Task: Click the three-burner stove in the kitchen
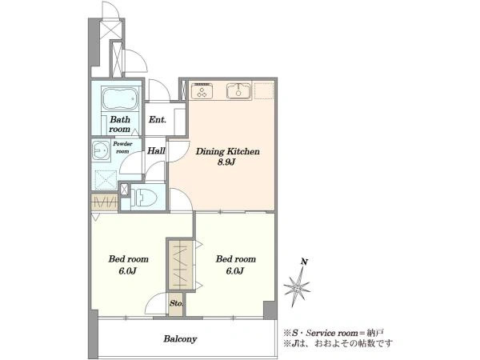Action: (202, 91)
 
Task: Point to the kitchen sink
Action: (238, 91)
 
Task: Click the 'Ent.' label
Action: (158, 119)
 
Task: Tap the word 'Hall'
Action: (156, 150)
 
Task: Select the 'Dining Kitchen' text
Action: (227, 151)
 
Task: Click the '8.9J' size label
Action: (226, 162)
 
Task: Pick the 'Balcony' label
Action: (180, 339)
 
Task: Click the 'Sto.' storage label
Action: (176, 304)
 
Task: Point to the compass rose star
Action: (297, 287)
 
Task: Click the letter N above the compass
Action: (304, 262)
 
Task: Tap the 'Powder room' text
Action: (122, 147)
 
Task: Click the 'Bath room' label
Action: (119, 124)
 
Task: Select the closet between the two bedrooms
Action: (181, 264)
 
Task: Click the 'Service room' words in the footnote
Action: (332, 333)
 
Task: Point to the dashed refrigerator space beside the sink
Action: (264, 90)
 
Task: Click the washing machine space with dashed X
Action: (106, 180)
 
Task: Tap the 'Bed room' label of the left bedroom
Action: (128, 259)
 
